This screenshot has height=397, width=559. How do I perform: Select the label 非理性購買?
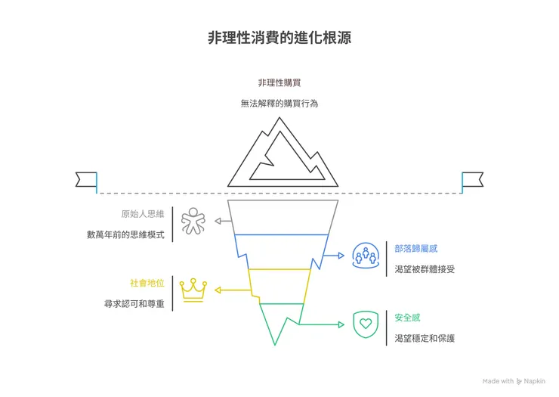[x=279, y=82]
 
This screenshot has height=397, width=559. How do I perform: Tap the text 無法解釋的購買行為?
[x=279, y=103]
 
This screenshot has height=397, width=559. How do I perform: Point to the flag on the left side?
[x=86, y=179]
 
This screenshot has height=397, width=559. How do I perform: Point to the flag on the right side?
[x=472, y=179]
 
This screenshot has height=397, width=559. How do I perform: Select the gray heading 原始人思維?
[x=142, y=214]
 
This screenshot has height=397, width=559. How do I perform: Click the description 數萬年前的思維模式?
[x=125, y=234]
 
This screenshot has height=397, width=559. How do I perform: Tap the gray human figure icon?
[x=193, y=222]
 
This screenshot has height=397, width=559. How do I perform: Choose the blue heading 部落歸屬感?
[x=416, y=247]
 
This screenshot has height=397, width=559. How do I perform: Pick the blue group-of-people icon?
[x=366, y=257]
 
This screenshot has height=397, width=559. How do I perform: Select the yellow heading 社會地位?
[x=147, y=283]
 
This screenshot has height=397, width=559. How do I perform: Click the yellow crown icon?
[x=194, y=290]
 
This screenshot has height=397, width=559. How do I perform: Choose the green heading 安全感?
[x=409, y=317]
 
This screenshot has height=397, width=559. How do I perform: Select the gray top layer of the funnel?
[x=284, y=218]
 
